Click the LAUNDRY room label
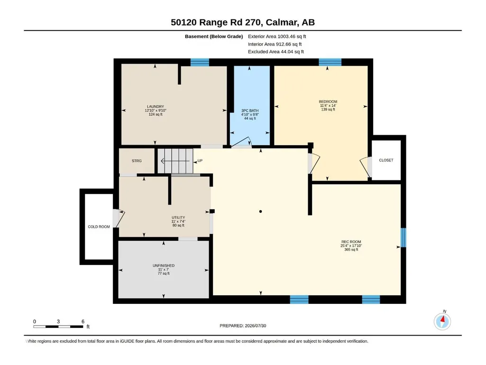tap(156, 106)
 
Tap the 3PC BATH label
tap(250, 111)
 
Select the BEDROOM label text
tap(328, 102)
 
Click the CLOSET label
tap(386, 160)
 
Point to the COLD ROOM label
tap(99, 227)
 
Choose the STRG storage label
tap(137, 161)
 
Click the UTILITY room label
tap(178, 217)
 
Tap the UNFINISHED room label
tap(163, 266)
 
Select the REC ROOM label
tap(351, 242)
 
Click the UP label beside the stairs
tap(200, 161)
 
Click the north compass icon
tap(442, 321)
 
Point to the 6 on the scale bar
tap(83, 321)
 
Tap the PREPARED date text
tap(243, 326)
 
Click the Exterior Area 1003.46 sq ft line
tap(277, 37)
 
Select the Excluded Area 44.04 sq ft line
tap(276, 52)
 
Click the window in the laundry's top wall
tap(200, 62)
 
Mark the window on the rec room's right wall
tap(403, 238)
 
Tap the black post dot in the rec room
tap(261, 211)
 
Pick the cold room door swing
tap(119, 218)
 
